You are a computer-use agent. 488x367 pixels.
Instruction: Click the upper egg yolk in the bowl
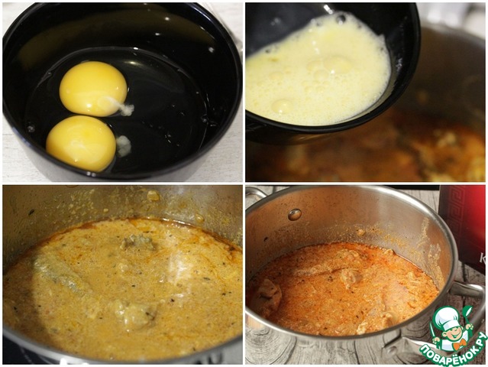[93, 88]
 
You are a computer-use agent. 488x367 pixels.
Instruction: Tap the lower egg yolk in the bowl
[82, 143]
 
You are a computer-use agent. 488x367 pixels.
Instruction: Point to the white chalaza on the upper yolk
[122, 106]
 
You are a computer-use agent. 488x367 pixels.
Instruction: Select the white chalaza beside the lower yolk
[124, 146]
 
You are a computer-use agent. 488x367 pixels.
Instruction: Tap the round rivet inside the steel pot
[295, 214]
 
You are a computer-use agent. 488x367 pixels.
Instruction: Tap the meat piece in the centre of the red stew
[350, 276]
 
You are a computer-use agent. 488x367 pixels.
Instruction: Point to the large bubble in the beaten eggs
[282, 106]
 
